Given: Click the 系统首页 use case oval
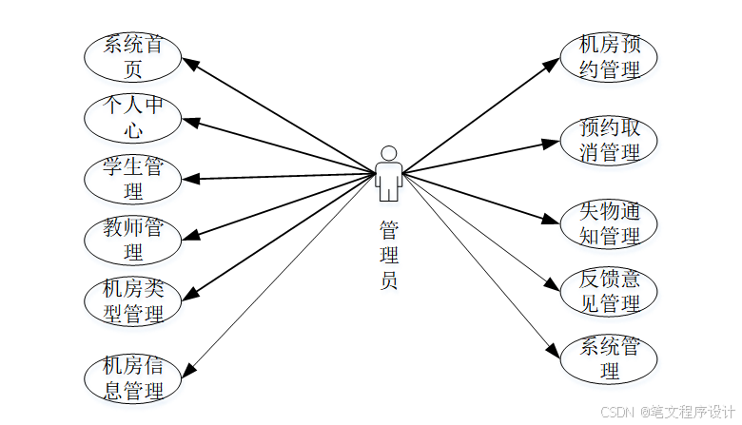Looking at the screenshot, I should tap(133, 57).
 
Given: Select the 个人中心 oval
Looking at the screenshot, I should tap(133, 117).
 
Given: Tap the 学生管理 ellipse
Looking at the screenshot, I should tap(133, 179).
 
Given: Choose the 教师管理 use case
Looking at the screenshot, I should tap(133, 240).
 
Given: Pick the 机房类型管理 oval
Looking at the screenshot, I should tap(133, 301).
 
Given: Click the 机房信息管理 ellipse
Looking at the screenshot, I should tap(133, 377).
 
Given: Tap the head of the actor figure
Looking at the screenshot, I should tap(388, 152).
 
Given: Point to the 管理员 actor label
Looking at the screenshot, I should tap(388, 255).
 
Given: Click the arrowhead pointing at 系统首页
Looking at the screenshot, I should tap(189, 64).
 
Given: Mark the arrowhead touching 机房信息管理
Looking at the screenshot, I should tap(189, 370).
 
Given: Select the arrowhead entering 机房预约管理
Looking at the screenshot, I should tap(554, 64).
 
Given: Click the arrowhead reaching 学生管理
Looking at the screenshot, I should tap(189, 179).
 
